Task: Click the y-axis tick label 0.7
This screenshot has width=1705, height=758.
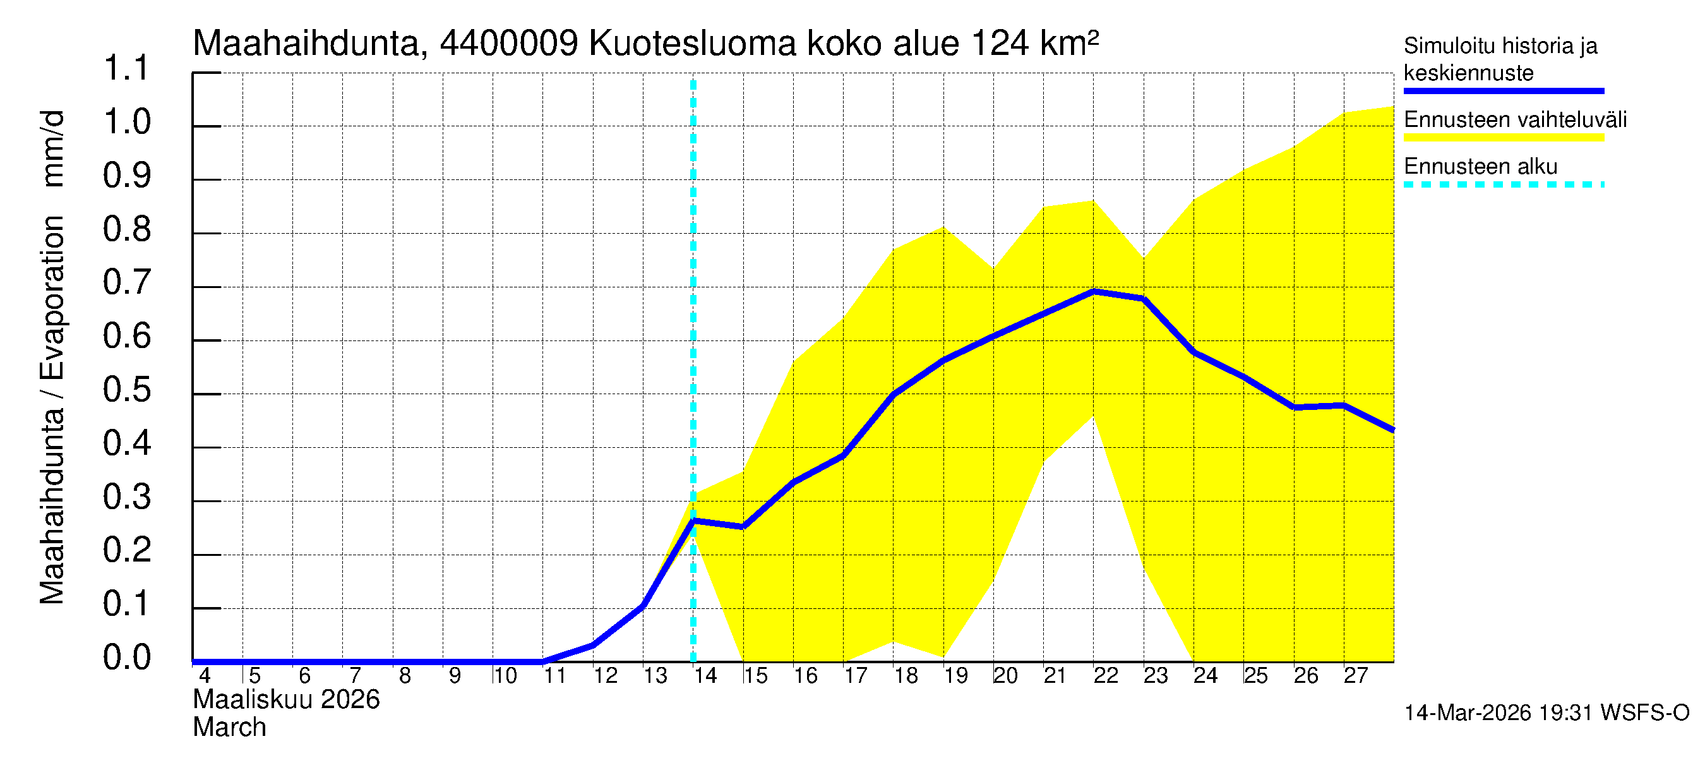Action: [x=126, y=283]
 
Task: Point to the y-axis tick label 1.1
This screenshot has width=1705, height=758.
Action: [x=126, y=68]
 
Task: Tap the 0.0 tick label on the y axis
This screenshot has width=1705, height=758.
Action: [x=126, y=658]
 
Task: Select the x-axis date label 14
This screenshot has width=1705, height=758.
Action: [x=705, y=676]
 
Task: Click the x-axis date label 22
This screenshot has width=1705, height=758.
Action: [x=1106, y=676]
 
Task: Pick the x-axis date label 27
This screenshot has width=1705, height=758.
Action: [x=1356, y=676]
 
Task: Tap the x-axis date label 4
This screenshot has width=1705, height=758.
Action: [x=205, y=676]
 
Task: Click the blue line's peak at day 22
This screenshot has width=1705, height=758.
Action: [x=1094, y=291]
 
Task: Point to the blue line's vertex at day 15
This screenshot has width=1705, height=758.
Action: [x=743, y=527]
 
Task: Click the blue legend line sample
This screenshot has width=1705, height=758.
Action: [x=1503, y=91]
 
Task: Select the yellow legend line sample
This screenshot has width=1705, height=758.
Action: [x=1503, y=138]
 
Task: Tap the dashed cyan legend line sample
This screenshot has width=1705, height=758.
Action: [x=1503, y=184]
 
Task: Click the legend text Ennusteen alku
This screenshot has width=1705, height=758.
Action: [x=1481, y=166]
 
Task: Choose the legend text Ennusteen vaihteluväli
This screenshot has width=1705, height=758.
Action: [x=1515, y=120]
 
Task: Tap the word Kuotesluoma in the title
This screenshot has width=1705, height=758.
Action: [x=692, y=44]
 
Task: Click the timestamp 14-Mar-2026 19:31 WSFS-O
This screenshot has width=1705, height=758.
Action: [x=1546, y=713]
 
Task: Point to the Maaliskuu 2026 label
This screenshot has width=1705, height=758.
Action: [x=286, y=700]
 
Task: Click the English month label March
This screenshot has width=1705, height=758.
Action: [x=229, y=728]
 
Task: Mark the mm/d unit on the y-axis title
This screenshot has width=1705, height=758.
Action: [x=52, y=148]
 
